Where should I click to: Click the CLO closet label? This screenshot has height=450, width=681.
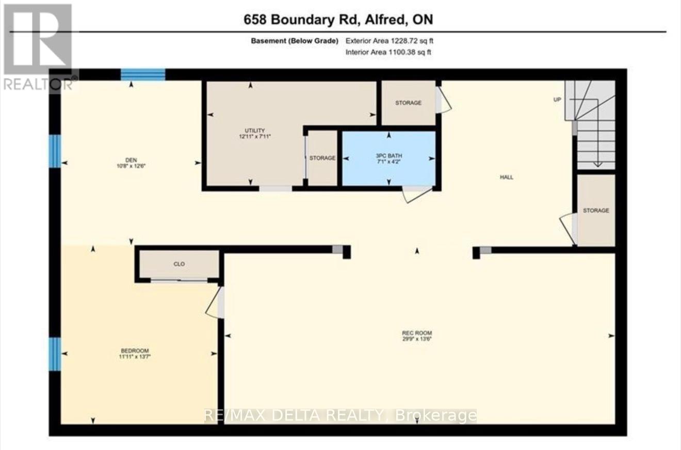click(x=179, y=264)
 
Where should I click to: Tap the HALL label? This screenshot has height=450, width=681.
click(x=506, y=177)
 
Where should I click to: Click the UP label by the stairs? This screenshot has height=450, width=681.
click(x=557, y=100)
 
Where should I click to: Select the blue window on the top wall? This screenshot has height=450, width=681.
click(x=143, y=75)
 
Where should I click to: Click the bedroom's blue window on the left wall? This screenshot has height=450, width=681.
click(x=55, y=354)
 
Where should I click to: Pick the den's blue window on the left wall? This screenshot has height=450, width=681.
click(x=55, y=151)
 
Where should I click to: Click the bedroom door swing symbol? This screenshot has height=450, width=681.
click(x=214, y=304)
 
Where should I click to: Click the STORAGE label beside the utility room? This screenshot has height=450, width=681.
click(x=322, y=158)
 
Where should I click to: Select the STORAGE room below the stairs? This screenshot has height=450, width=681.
click(x=596, y=211)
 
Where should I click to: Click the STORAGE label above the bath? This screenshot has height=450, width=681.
click(x=408, y=103)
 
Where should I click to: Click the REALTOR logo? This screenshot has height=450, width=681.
click(x=38, y=46)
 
